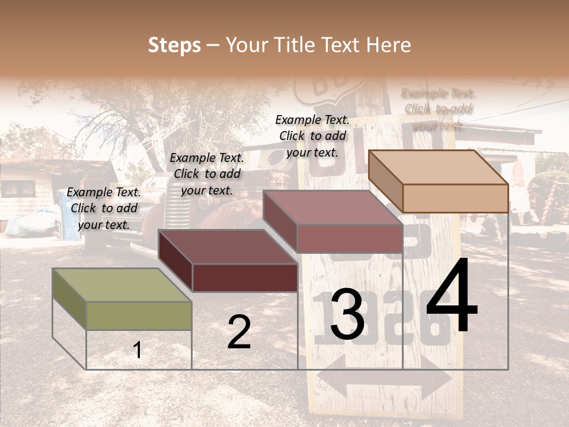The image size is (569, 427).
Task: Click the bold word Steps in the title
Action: (174, 45)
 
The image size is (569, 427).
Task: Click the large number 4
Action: (452, 297)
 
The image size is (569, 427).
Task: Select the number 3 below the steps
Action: (347, 315)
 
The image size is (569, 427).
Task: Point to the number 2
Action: (239, 332)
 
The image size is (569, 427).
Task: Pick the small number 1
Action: (138, 350)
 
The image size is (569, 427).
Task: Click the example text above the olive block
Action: (104, 208)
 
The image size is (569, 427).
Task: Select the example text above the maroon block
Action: (207, 174)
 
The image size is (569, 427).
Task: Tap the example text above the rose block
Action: (312, 136)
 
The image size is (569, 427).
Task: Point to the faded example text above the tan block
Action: (438, 109)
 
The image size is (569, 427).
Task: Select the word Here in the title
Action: (389, 45)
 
